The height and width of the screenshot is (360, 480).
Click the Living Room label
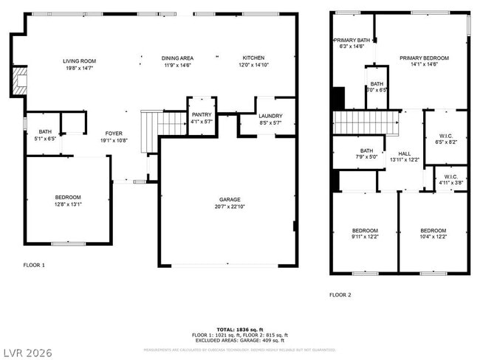tap(79, 61)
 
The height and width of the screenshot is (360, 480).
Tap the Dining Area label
tap(177, 58)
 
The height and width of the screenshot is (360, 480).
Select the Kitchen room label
tap(253, 58)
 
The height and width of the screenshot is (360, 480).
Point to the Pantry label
tap(202, 114)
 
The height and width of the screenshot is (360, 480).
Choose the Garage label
tap(229, 199)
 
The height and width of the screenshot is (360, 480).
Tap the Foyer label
tap(114, 134)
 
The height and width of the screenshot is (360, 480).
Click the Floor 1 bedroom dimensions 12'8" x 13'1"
tap(68, 204)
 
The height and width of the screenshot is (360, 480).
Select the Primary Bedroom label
tap(424, 58)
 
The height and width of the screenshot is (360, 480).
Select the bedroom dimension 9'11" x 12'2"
tap(365, 236)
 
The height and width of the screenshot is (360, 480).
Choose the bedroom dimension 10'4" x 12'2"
tap(433, 236)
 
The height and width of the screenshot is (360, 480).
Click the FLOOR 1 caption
tap(34, 265)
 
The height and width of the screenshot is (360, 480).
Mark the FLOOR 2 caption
tap(340, 294)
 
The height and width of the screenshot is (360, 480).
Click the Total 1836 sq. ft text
tap(240, 328)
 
